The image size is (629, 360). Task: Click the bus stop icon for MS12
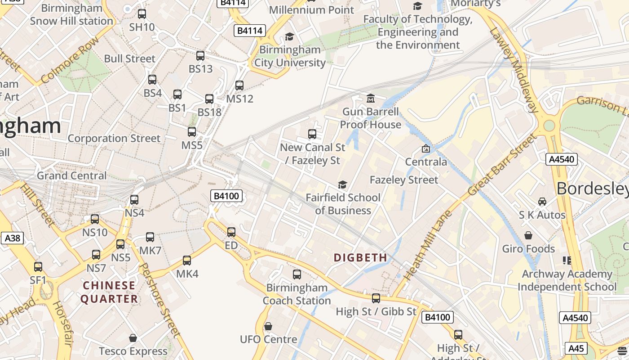[x=239, y=85]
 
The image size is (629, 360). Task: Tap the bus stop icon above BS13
[x=200, y=56]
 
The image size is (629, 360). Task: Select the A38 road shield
[x=12, y=238]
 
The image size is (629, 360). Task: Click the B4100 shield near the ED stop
[x=227, y=196]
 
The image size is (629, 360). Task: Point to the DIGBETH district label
[x=360, y=257]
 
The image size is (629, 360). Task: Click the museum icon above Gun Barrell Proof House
[x=371, y=99]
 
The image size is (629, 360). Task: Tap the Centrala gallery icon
[x=425, y=148]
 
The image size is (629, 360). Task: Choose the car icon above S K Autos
[x=542, y=202]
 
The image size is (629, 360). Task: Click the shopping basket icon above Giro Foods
[x=528, y=235]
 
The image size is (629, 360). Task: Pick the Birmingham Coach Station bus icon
[x=297, y=274]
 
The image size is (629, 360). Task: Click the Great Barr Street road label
[x=502, y=165]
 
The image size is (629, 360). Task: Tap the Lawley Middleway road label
[x=514, y=70]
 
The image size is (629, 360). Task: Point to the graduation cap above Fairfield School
[x=342, y=185]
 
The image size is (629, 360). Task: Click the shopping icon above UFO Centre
[x=268, y=326]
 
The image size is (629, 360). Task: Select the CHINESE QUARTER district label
[x=109, y=292]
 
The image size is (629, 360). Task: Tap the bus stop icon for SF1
[x=38, y=267]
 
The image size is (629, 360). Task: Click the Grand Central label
[x=72, y=175]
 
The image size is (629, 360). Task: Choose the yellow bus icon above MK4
[x=187, y=261]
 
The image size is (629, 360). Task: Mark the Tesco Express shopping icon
[x=133, y=338]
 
